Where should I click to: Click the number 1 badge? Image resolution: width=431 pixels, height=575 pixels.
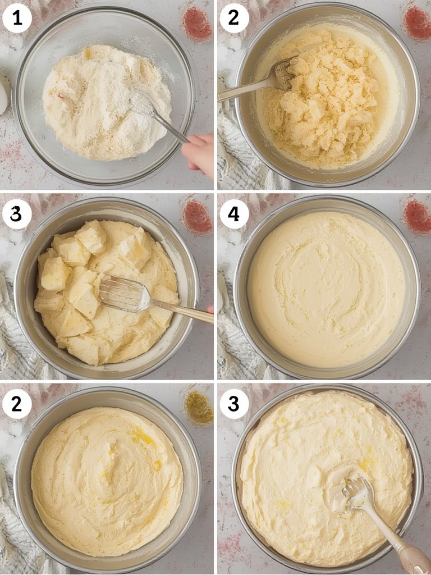tap(17, 19)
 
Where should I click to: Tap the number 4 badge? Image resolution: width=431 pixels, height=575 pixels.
tap(234, 215)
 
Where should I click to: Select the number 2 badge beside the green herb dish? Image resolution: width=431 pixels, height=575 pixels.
tap(17, 404)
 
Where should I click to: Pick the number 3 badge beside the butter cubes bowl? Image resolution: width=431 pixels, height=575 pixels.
tap(17, 215)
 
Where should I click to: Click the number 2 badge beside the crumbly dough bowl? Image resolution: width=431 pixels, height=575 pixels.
tap(234, 19)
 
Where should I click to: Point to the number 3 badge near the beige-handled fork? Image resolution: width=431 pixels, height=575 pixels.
tap(234, 404)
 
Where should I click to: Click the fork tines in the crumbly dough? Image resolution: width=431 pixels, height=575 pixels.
tap(284, 74)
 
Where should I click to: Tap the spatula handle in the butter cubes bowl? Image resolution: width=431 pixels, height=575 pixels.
tap(182, 310)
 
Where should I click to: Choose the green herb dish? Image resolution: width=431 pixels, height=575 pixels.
tap(199, 405)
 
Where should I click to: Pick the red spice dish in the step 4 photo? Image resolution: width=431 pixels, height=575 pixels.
tap(417, 216)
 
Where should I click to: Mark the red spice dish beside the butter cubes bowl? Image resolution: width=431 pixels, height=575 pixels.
tap(197, 216)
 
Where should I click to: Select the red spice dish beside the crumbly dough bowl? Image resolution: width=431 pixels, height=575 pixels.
tap(417, 22)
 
